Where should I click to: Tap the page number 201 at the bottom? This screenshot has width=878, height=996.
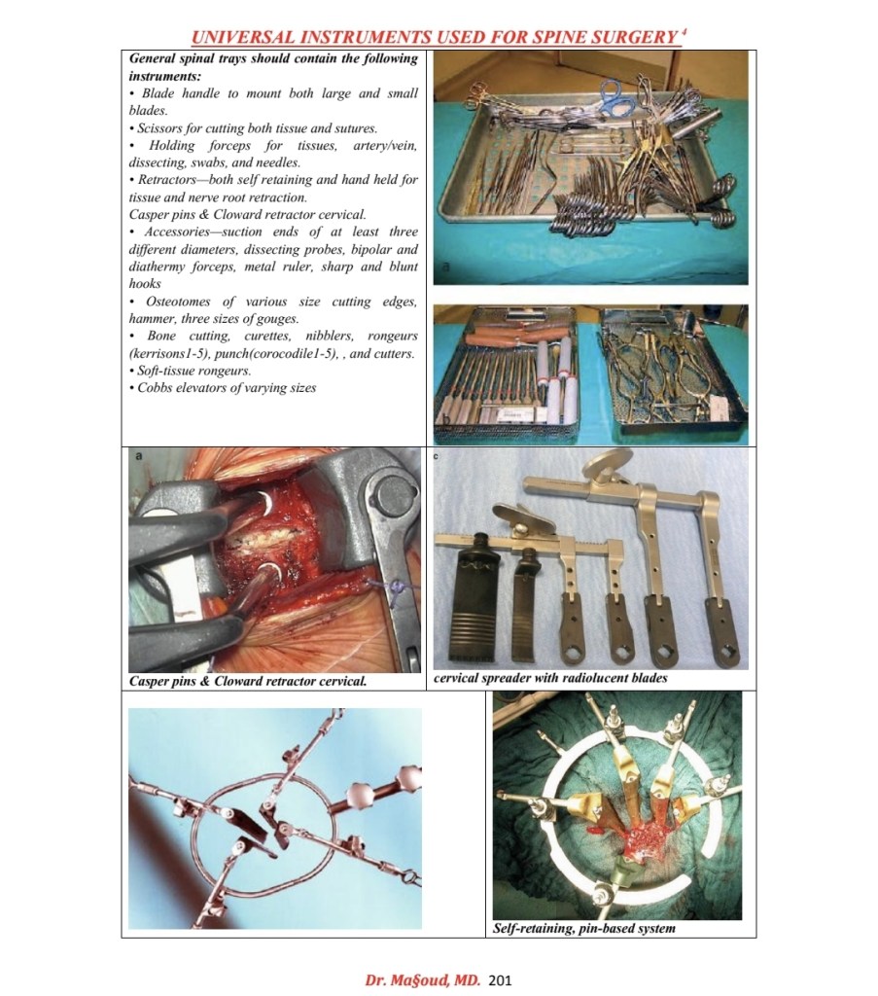click(501, 979)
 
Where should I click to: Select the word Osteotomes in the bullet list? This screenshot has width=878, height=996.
click(178, 302)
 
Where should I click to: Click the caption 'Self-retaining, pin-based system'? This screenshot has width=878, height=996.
click(584, 929)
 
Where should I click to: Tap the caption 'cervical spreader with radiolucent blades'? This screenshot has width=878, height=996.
click(550, 678)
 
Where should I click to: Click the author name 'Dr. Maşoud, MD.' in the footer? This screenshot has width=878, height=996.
click(422, 979)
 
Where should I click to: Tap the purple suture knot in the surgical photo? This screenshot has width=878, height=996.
click(399, 588)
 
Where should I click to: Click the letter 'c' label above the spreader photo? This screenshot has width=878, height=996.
click(437, 455)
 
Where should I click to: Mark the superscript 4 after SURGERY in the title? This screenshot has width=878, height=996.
click(684, 31)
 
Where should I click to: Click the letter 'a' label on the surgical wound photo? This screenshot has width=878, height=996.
click(138, 455)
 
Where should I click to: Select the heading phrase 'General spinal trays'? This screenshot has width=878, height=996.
click(188, 59)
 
